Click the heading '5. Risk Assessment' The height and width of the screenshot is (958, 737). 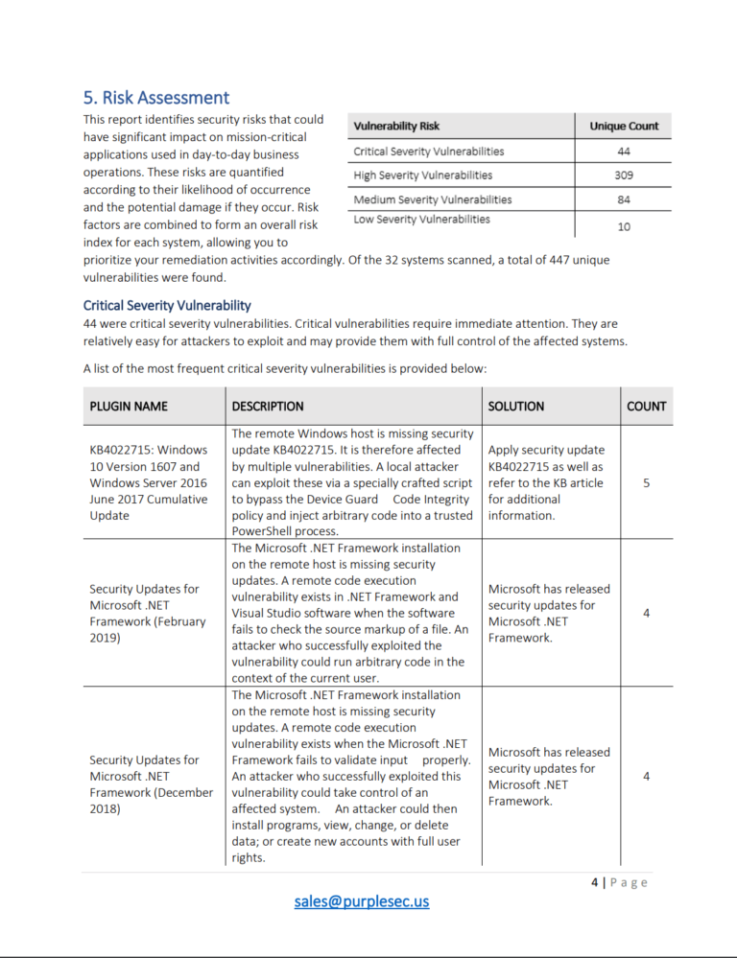156,98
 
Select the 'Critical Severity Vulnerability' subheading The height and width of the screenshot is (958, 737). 167,305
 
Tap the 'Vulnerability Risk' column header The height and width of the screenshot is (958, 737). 396,126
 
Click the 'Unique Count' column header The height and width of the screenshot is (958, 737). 623,126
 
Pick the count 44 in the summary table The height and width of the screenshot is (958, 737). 624,152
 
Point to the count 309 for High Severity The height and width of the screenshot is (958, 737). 624,175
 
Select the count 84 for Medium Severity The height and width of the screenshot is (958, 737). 624,199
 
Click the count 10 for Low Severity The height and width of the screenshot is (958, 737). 624,226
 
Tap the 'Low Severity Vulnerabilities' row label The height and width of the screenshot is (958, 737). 421,220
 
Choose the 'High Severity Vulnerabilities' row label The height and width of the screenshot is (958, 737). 422,175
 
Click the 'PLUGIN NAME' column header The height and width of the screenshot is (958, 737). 129,406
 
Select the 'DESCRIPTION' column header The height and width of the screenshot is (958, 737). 268,406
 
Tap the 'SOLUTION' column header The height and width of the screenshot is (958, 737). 516,406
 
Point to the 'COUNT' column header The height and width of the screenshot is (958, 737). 646,406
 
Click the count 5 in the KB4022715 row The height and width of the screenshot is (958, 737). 646,482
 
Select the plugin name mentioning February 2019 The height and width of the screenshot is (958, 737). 148,613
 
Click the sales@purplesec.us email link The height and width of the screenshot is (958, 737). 362,901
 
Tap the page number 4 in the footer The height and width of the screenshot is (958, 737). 595,882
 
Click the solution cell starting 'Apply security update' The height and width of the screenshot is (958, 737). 547,482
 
